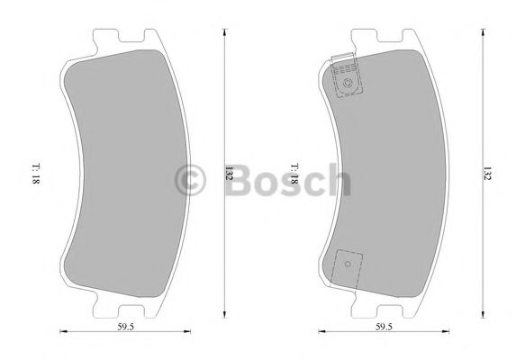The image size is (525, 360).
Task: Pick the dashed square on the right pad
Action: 348,265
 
